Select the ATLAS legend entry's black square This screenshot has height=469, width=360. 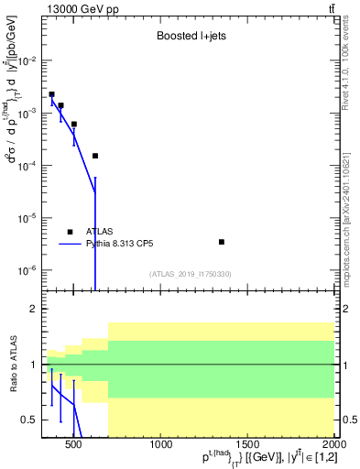(x=70, y=232)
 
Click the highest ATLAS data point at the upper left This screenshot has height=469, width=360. (x=52, y=94)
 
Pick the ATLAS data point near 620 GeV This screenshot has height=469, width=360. (x=95, y=156)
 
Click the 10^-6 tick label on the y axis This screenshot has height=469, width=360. (x=27, y=270)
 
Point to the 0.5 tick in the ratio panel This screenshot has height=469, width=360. (x=28, y=420)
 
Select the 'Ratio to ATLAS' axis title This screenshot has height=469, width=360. (x=13, y=365)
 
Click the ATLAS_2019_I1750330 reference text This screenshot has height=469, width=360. (x=191, y=274)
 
